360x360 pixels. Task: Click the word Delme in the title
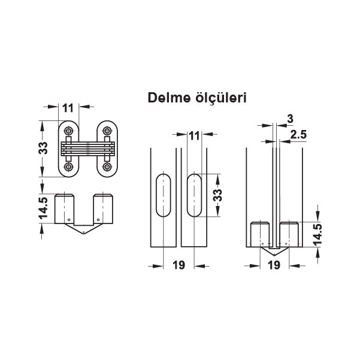click(x=169, y=98)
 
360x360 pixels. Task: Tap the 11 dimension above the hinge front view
click(x=68, y=108)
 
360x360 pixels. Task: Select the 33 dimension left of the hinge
click(x=43, y=148)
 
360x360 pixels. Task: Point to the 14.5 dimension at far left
click(x=43, y=208)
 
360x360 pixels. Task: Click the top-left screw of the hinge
click(x=68, y=131)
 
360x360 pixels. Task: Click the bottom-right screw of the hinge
click(x=107, y=167)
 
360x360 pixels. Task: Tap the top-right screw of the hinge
click(x=107, y=131)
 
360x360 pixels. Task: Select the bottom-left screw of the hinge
click(x=68, y=167)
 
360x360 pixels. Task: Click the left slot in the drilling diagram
click(x=164, y=195)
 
